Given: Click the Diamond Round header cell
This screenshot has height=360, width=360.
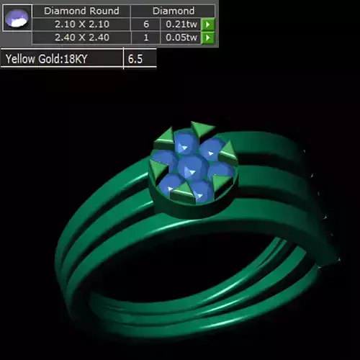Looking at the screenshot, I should click(x=81, y=11).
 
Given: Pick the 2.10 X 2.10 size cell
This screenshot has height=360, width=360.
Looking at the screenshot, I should click(x=81, y=24).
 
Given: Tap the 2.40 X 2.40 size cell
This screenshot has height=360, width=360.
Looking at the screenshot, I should click(x=81, y=37).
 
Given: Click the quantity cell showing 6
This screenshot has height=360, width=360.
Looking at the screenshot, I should click(x=145, y=24).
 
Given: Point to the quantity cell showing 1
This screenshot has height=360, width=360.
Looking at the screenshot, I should click(x=145, y=37).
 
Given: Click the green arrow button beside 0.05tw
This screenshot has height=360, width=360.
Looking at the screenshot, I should click(x=207, y=37).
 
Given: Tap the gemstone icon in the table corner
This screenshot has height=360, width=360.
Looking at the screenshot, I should click(x=17, y=23).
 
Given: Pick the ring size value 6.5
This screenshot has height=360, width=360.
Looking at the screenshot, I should click(x=135, y=59).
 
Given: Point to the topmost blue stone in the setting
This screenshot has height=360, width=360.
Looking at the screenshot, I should click(x=185, y=141).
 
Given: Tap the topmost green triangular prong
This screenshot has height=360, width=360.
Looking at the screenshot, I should click(x=202, y=128).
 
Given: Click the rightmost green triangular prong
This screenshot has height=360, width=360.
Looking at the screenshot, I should click(x=229, y=150).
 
